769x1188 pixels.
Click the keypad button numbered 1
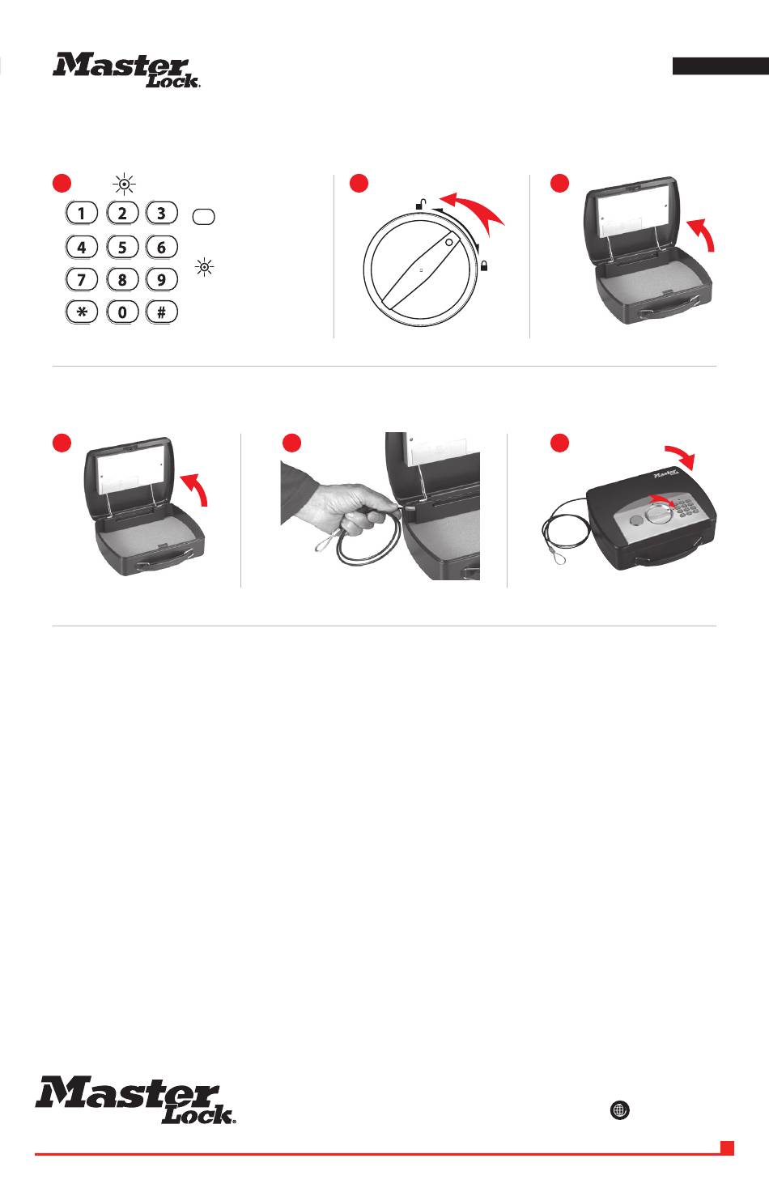point(82,214)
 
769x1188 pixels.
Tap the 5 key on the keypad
point(122,247)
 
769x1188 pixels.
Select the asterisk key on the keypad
point(82,312)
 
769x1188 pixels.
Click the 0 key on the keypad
point(122,312)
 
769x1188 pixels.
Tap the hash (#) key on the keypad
point(162,312)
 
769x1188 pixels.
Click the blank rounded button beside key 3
point(204,217)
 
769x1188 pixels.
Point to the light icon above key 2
point(124,184)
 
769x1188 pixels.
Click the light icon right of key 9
point(204,267)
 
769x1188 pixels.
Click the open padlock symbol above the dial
point(421,204)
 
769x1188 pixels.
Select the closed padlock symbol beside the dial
point(484,266)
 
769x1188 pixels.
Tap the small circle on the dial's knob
point(449,242)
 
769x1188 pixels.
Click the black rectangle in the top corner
point(720,66)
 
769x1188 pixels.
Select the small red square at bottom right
point(727,1148)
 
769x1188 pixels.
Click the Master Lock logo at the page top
point(126,70)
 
